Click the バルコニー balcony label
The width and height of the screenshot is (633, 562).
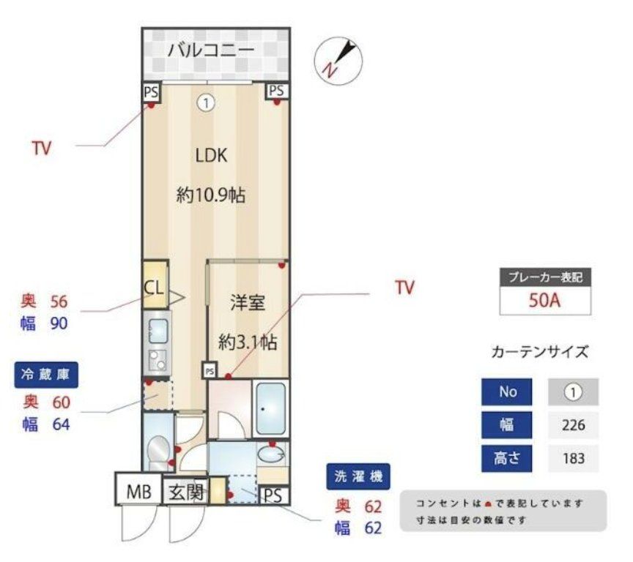(210, 50)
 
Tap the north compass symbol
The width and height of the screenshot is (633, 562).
(338, 58)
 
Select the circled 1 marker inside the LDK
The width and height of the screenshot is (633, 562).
(206, 104)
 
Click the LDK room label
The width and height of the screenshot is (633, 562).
(211, 155)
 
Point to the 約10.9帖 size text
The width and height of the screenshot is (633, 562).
(210, 195)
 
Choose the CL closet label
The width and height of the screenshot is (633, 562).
(154, 286)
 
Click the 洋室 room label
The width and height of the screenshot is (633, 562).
(247, 303)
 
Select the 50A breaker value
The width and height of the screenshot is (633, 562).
(545, 300)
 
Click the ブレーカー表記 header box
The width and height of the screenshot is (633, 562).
(545, 277)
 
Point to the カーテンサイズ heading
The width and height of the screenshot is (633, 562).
(539, 352)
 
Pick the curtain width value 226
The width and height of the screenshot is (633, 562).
(573, 425)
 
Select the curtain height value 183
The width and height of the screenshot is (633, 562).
(573, 459)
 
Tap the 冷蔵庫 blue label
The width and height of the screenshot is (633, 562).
(46, 375)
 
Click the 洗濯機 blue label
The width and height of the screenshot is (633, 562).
(358, 477)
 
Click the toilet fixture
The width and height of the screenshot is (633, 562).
(157, 449)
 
